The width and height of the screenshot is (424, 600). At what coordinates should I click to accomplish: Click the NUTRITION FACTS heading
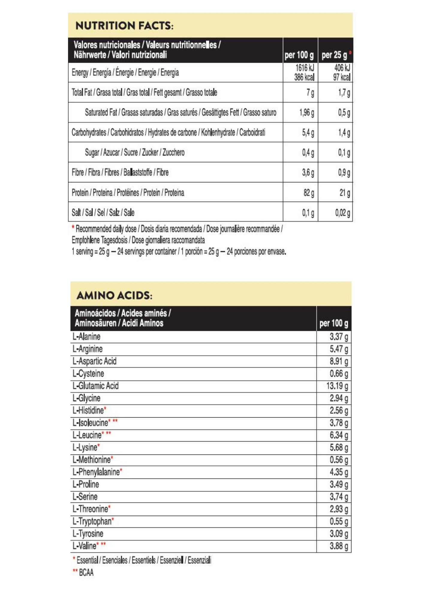click(x=124, y=26)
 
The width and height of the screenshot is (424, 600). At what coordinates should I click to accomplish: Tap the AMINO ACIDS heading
click(x=114, y=295)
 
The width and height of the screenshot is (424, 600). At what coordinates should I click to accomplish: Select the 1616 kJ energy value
click(x=305, y=68)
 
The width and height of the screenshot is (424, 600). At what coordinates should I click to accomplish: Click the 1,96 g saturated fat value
click(x=306, y=113)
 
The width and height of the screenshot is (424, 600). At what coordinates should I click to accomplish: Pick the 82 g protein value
click(x=309, y=193)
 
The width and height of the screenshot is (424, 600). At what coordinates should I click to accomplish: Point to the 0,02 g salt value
click(x=342, y=213)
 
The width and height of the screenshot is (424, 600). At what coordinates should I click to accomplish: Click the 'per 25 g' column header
click(x=334, y=55)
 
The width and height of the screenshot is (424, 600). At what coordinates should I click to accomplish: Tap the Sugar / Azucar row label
click(x=135, y=152)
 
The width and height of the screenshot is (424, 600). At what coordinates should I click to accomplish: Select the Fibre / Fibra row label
click(x=120, y=172)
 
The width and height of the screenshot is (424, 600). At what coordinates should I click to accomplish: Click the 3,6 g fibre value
click(x=308, y=173)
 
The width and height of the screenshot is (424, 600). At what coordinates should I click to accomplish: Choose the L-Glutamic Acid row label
click(x=96, y=386)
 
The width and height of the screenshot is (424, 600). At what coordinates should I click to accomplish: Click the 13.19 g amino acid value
click(x=337, y=386)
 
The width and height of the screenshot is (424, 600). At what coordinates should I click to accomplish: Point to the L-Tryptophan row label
click(x=92, y=521)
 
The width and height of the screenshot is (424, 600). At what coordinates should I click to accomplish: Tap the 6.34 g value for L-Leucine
click(x=339, y=435)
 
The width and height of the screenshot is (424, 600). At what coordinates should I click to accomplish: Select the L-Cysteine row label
click(x=88, y=373)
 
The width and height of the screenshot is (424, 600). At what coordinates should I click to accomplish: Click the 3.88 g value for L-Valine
click(x=339, y=546)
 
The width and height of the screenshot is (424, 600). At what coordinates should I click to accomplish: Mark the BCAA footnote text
click(x=86, y=573)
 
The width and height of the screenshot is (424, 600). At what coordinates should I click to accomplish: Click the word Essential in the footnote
click(x=87, y=560)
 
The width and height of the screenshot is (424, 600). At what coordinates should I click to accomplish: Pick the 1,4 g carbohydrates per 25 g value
click(x=344, y=133)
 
